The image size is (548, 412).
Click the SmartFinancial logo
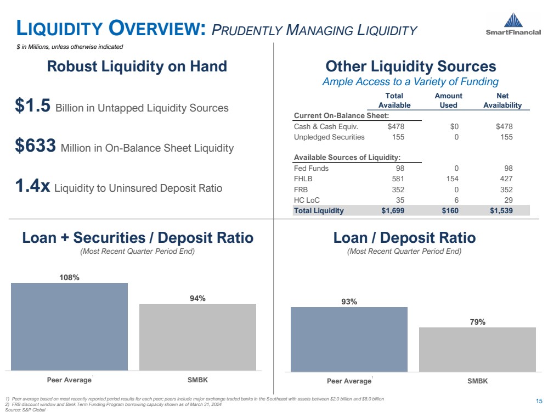513,25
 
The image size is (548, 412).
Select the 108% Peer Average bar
69,326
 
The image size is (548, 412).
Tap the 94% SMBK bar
197,336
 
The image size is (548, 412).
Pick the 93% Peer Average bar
349,339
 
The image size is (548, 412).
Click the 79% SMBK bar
477,349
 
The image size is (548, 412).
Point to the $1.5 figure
33,107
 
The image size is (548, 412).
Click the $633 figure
36,147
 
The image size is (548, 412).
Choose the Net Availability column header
502,101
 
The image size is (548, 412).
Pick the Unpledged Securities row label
329,137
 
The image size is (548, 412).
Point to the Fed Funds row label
311,168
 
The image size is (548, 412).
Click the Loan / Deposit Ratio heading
404,238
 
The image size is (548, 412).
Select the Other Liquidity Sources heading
410,67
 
